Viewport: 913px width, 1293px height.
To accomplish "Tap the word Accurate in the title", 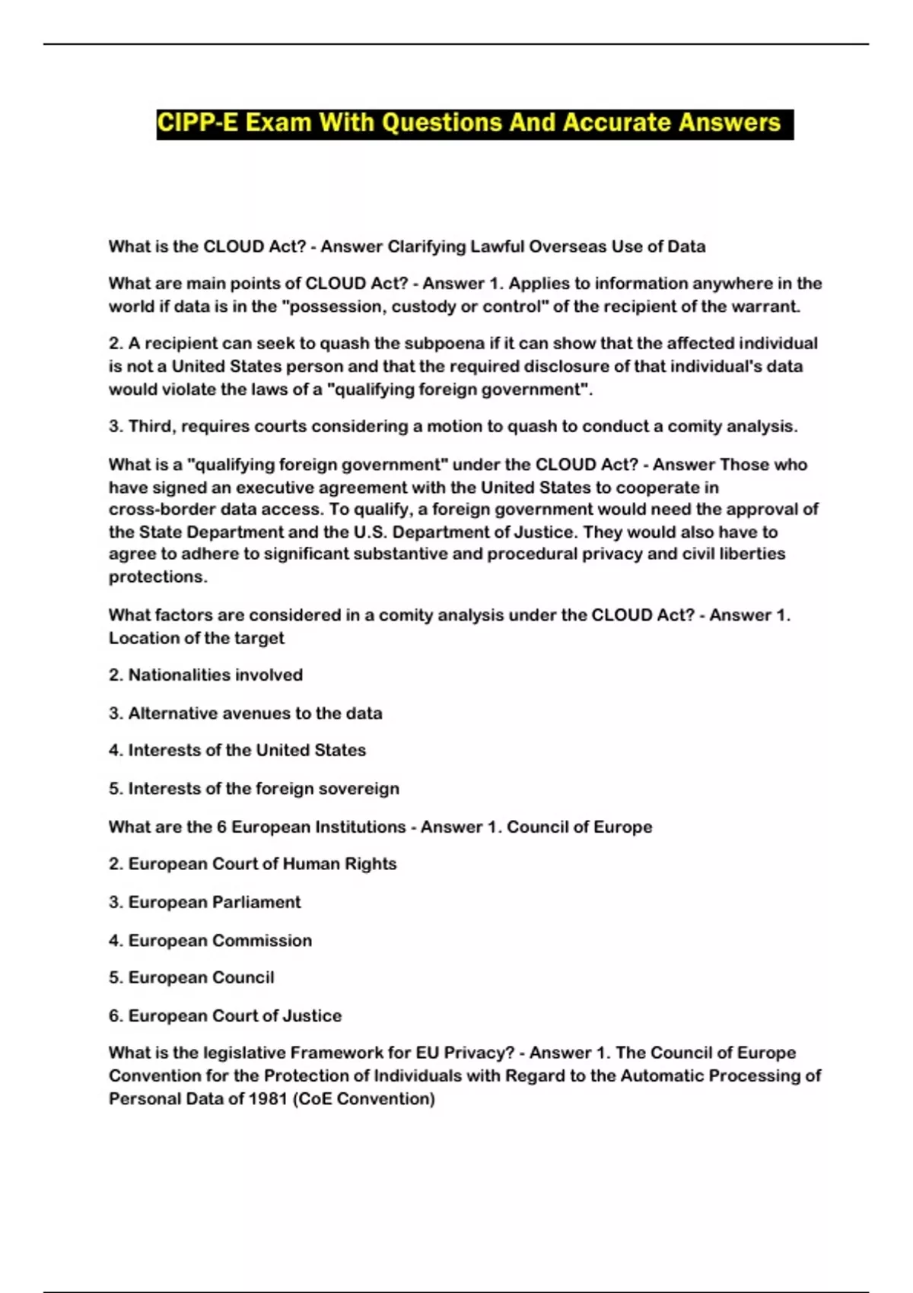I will click(617, 123).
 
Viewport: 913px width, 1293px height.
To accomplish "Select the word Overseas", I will click(565, 246).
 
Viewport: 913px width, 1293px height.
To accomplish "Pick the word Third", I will click(151, 426).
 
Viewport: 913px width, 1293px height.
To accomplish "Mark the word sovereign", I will click(358, 789).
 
